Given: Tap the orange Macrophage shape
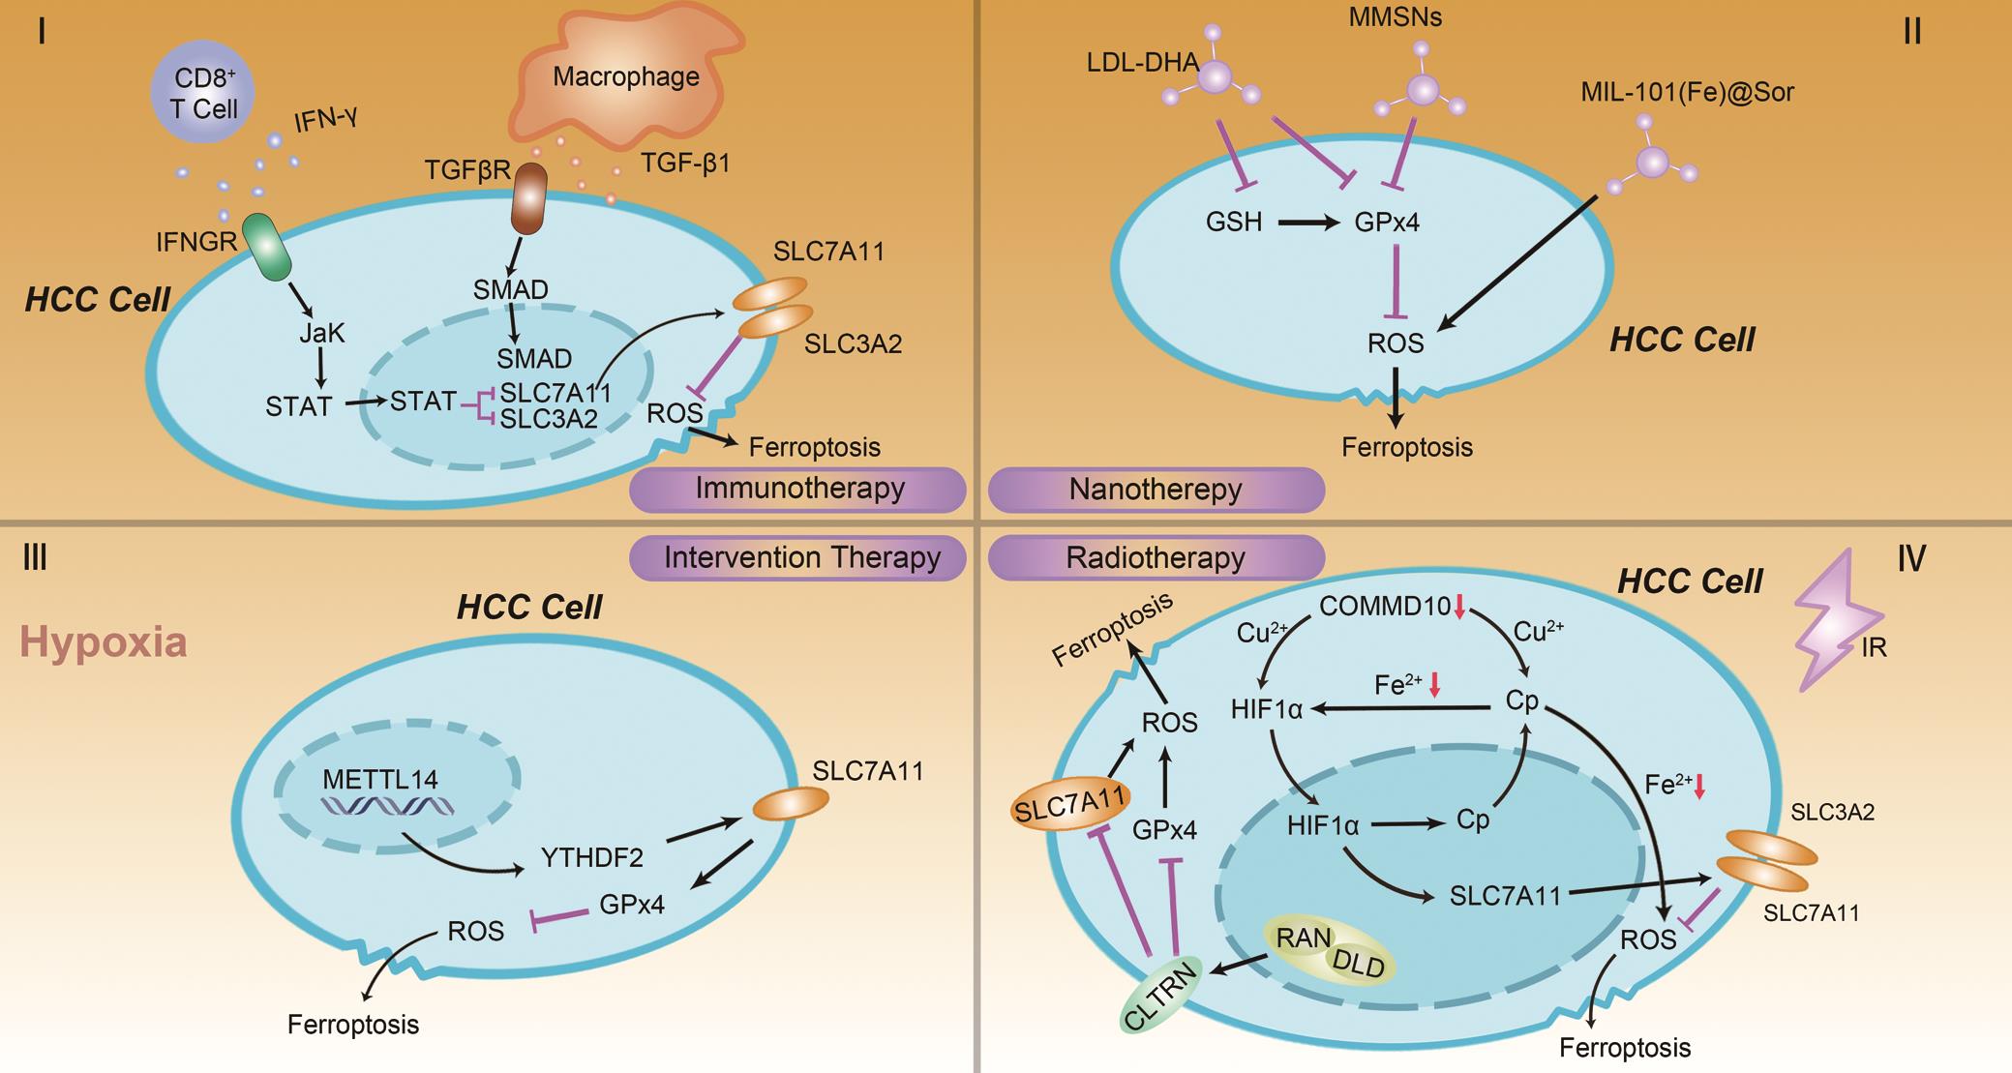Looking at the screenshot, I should pyautogui.click(x=627, y=82).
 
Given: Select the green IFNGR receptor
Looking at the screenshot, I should pyautogui.click(x=265, y=248).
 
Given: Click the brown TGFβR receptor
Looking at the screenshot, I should pyautogui.click(x=529, y=198).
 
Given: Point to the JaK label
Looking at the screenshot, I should pyautogui.click(x=321, y=334).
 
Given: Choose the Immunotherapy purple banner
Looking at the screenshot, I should pyautogui.click(x=798, y=489).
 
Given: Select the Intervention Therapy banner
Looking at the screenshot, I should pyautogui.click(x=798, y=558).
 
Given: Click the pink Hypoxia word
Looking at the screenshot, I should pyautogui.click(x=104, y=642).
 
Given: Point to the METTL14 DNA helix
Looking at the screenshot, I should pyautogui.click(x=387, y=806).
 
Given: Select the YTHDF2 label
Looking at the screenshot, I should pyautogui.click(x=591, y=857).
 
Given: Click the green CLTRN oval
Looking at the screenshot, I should pyautogui.click(x=1160, y=996).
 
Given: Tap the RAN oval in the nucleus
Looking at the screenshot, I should pyautogui.click(x=1303, y=939).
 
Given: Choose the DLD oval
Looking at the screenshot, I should pyautogui.click(x=1359, y=964).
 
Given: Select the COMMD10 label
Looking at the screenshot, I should pyautogui.click(x=1385, y=607).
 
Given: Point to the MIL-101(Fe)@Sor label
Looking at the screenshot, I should pyautogui.click(x=1687, y=93).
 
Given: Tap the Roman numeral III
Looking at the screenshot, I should pyautogui.click(x=35, y=558).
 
